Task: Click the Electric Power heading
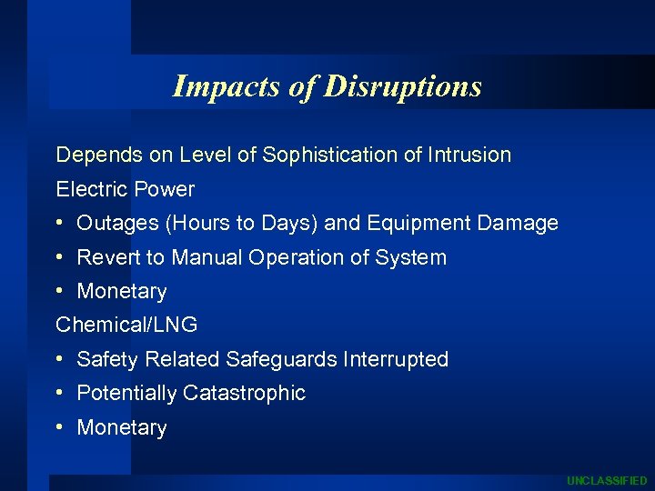(x=126, y=189)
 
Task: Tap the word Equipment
(x=402, y=224)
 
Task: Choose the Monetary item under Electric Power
(x=122, y=292)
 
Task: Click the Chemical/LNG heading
(x=126, y=325)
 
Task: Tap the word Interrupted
(x=396, y=360)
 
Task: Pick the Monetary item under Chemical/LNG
(x=122, y=428)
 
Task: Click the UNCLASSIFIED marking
(x=607, y=480)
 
